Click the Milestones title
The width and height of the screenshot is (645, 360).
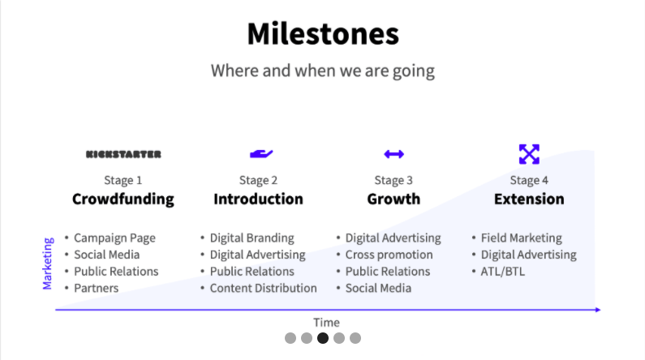tap(323, 34)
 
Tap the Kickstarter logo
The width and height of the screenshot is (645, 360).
tap(123, 154)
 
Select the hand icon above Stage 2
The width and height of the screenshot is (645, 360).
tap(261, 154)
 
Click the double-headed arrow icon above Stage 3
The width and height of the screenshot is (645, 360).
tap(394, 154)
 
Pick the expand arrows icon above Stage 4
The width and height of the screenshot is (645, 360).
tap(529, 154)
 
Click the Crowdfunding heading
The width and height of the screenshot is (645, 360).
tap(123, 199)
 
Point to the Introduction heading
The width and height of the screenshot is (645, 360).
tap(258, 199)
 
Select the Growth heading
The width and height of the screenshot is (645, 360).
tap(393, 199)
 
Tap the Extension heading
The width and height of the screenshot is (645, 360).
tap(529, 199)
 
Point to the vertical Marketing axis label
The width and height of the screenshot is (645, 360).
tap(48, 264)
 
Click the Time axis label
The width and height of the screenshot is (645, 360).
tap(327, 322)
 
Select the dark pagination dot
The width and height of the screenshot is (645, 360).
tap(323, 338)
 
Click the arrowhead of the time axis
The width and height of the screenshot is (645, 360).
tap(598, 310)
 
